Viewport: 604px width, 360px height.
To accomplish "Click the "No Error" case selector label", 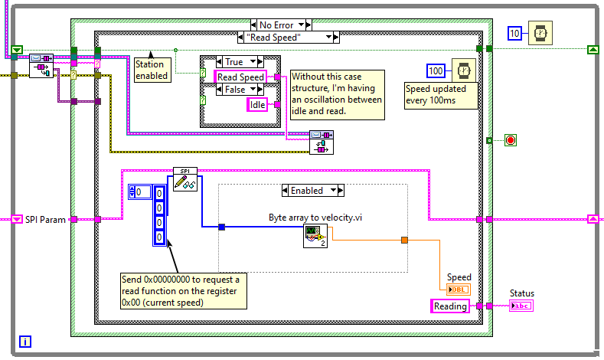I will tap(276, 25).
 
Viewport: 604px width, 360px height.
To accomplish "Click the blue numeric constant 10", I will tap(515, 34).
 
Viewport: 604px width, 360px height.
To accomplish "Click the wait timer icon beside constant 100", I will tap(462, 70).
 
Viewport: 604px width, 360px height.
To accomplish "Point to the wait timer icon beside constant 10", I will tap(540, 33).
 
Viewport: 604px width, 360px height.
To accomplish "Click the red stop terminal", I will tap(511, 140).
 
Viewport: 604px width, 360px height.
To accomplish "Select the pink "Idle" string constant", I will tap(257, 105).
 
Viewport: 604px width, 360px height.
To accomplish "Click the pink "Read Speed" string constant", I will tap(240, 77).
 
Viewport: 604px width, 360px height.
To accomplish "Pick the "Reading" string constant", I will tap(450, 306).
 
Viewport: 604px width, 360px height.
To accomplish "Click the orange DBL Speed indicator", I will tap(459, 289).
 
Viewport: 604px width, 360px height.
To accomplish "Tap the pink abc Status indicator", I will tap(521, 306).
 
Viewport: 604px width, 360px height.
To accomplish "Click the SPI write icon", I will tap(184, 179).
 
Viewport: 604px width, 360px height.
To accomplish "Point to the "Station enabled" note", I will tap(151, 70).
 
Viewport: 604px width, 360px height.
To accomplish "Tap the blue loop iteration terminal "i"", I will tap(26, 342).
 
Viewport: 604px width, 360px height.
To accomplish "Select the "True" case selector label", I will tap(233, 62).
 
